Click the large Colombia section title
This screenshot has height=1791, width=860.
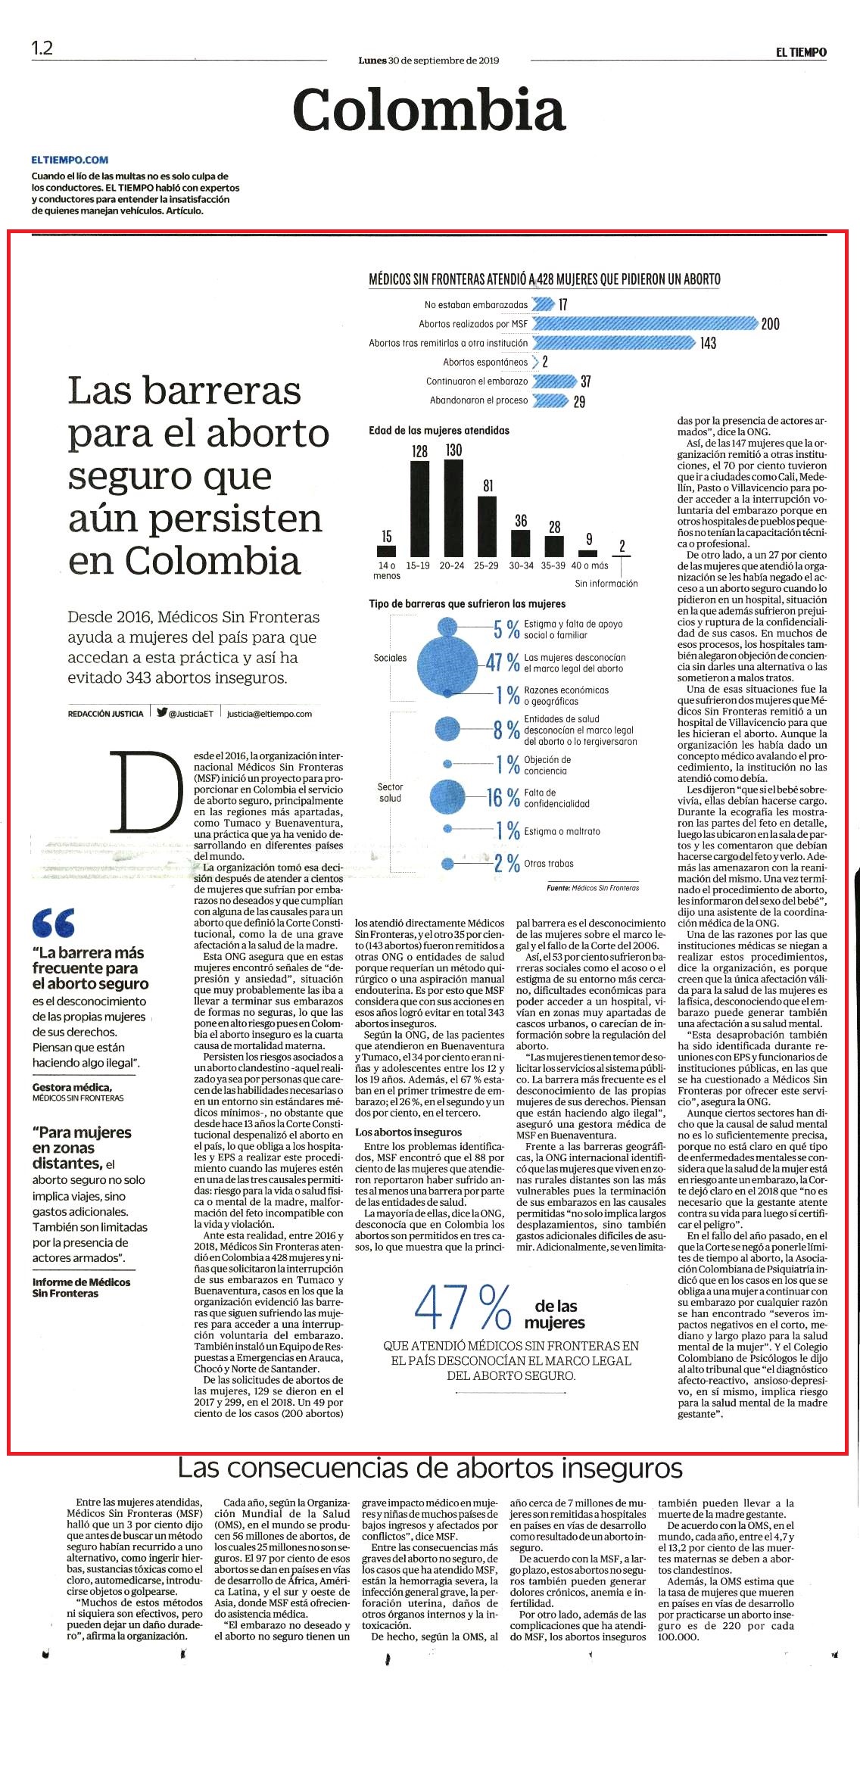tap(429, 109)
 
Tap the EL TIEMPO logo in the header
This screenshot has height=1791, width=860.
tap(801, 52)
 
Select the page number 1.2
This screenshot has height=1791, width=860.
tap(42, 48)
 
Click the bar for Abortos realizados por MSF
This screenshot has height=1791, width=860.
tap(645, 324)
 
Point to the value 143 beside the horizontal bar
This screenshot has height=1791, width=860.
tap(708, 344)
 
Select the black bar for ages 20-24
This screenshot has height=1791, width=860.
tap(453, 508)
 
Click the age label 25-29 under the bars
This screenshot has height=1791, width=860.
tap(487, 565)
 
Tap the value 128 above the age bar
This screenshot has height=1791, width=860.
tap(419, 451)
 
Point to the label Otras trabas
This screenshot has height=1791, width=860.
tap(549, 863)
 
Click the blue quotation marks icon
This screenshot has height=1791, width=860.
tap(53, 923)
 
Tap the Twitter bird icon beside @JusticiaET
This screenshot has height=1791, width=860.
tap(162, 712)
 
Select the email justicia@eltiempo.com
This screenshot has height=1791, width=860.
tap(270, 713)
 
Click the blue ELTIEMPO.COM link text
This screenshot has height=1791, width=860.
tap(70, 160)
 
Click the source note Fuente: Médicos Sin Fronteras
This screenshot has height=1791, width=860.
tap(593, 888)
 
